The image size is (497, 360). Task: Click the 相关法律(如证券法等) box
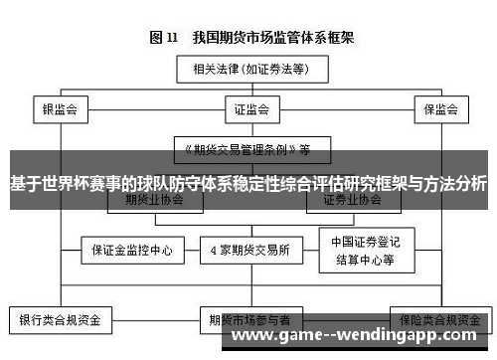pos(249,71)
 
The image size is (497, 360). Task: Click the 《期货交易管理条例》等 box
pos(248,150)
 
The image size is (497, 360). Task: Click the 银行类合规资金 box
pos(62,321)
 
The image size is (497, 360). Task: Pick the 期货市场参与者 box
pos(249,321)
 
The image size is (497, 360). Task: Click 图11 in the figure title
pos(164,38)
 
